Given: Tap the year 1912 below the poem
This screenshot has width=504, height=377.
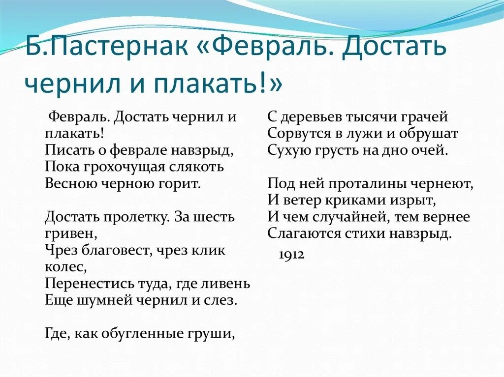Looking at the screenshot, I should (292, 254).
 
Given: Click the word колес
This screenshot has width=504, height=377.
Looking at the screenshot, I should (65, 267).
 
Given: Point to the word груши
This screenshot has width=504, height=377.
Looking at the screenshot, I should (213, 334).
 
